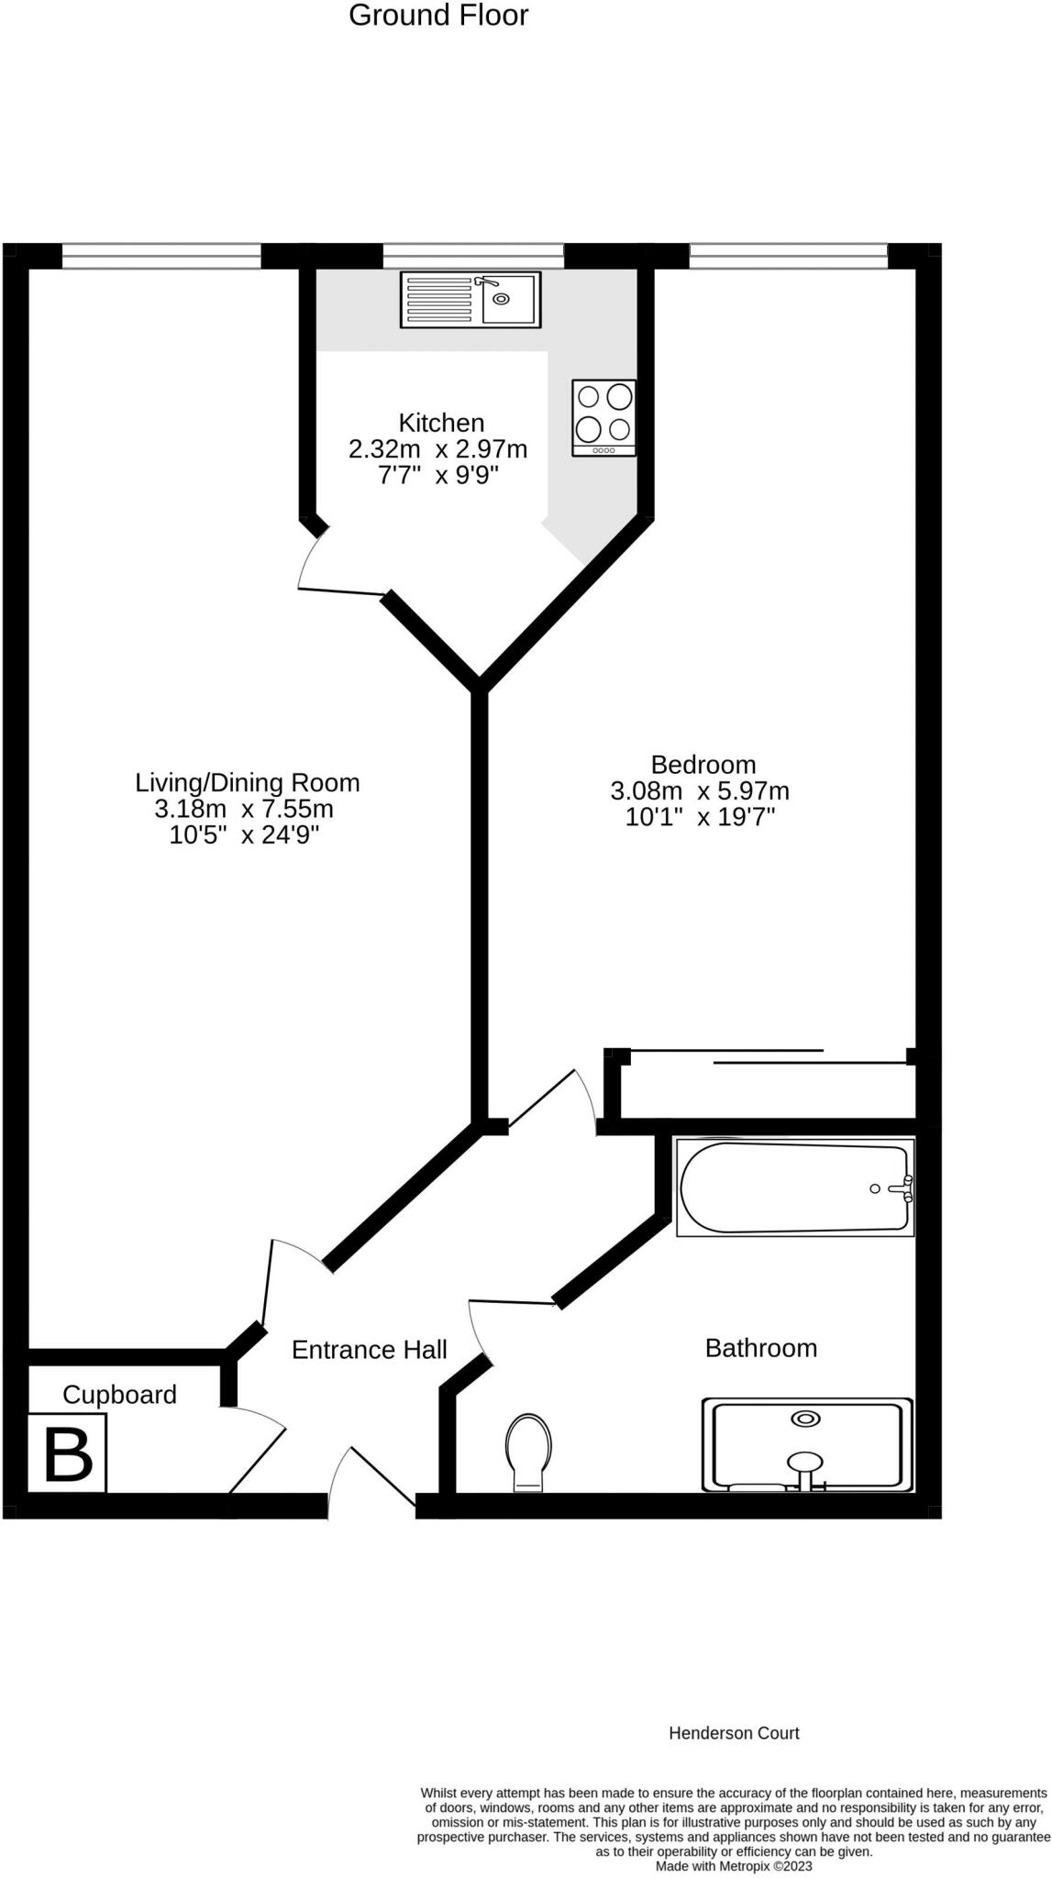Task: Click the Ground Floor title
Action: click(438, 16)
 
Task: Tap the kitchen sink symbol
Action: click(471, 299)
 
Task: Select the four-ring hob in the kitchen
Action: click(604, 417)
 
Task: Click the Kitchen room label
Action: click(441, 423)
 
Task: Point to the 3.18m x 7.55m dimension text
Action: click(243, 809)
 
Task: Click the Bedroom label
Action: click(703, 764)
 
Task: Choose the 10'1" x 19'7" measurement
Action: click(700, 817)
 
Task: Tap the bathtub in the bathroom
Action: click(794, 1188)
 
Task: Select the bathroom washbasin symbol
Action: click(806, 1444)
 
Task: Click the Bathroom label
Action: click(760, 1348)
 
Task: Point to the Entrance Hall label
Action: click(369, 1350)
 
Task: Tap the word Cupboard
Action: click(119, 1395)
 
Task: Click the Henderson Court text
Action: click(734, 1733)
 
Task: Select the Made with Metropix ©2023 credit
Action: click(734, 1866)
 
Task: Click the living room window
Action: click(161, 256)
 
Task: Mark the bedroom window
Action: click(788, 256)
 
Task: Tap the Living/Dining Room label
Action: click(247, 782)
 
